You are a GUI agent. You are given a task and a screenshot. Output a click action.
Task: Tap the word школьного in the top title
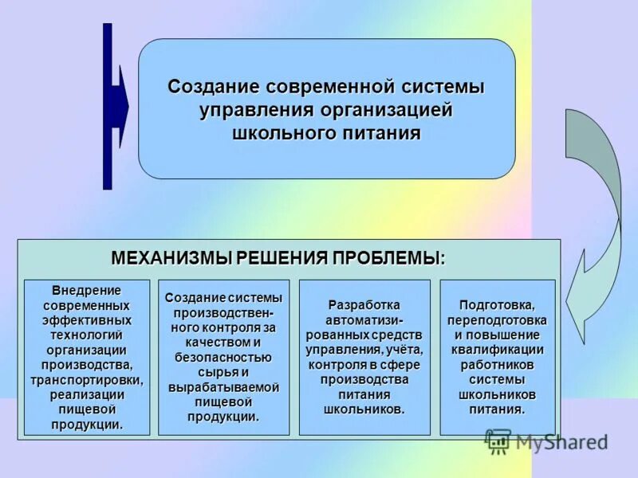coord(278,132)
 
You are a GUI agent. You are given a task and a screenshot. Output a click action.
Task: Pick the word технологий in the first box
coord(86,335)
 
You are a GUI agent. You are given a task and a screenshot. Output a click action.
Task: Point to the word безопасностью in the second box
coord(223,357)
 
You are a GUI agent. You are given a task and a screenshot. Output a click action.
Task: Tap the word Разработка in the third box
coord(364,305)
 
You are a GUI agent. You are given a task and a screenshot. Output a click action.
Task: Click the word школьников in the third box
coord(364,409)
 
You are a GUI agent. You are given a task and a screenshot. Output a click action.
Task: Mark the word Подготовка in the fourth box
coord(497,305)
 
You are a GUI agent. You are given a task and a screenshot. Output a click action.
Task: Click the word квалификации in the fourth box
coord(497,350)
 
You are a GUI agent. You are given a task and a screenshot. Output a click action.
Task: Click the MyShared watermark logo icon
coord(497,440)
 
